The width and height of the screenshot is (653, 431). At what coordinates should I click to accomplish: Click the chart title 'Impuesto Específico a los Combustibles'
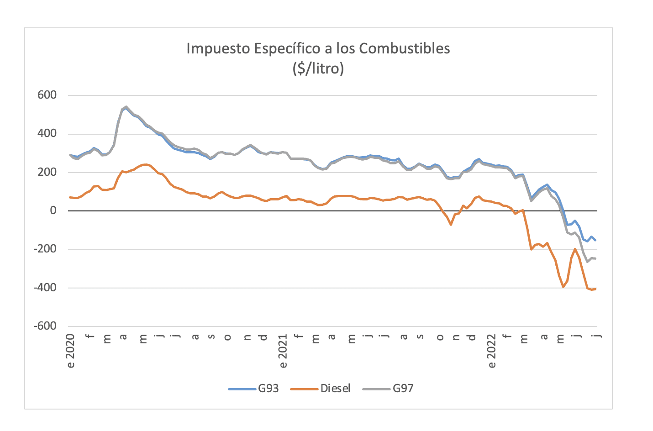(318, 48)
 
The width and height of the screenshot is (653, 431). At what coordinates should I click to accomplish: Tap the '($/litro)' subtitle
(318, 68)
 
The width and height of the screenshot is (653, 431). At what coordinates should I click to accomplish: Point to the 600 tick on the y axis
(47, 95)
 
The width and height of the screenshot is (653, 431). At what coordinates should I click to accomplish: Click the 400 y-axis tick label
(47, 134)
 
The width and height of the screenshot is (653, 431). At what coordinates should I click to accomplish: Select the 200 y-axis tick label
(47, 172)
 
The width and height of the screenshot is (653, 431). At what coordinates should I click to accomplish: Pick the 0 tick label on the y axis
(53, 210)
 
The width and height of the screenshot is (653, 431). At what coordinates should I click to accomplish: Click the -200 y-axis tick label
(45, 249)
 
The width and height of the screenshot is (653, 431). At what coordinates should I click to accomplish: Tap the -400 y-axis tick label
(45, 288)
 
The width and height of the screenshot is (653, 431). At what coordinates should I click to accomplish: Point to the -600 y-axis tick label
(45, 326)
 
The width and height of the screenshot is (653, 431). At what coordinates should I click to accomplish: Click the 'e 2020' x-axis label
(71, 351)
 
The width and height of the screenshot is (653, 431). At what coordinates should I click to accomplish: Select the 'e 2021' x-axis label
(283, 351)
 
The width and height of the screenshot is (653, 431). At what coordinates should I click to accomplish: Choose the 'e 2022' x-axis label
(492, 351)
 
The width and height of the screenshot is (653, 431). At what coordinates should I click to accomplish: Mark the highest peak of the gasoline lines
(126, 107)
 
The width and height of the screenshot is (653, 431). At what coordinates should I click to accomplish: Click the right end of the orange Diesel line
(595, 289)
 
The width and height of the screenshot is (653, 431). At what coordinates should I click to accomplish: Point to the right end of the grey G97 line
(595, 259)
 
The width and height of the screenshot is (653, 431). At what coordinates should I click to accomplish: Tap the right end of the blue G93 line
(595, 240)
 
